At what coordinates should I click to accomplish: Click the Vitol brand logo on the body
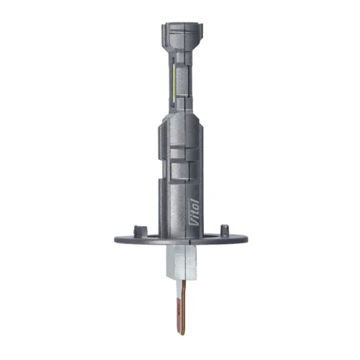[x=196, y=212]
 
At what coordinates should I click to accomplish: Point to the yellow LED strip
[x=174, y=85]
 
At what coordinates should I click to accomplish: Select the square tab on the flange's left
[x=140, y=231]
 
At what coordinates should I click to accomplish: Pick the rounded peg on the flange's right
[x=225, y=230]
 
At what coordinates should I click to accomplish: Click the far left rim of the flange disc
[x=115, y=240]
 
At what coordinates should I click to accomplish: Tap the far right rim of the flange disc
[x=247, y=238]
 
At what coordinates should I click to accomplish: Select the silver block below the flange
[x=181, y=263]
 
